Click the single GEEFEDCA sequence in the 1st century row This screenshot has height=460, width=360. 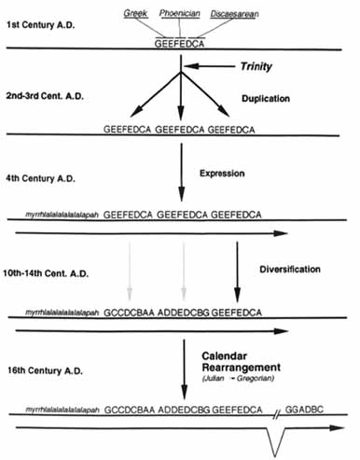[183, 42]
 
